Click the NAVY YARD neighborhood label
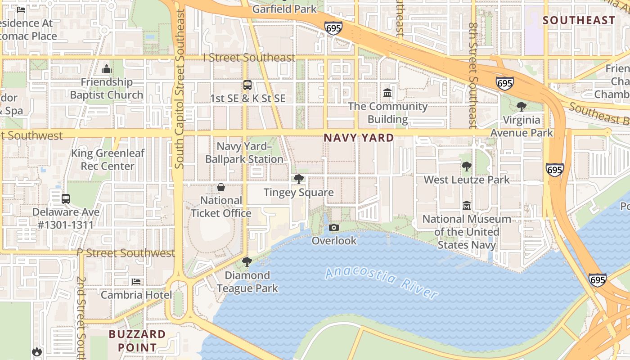click(359, 138)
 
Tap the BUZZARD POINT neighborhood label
click(138, 341)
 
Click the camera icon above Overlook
click(333, 228)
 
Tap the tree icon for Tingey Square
click(298, 179)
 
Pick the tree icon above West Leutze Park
click(467, 166)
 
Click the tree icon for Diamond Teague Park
click(247, 262)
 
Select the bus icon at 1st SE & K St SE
click(247, 85)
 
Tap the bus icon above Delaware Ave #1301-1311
click(66, 198)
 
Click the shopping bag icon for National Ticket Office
click(221, 187)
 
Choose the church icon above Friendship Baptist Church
click(107, 69)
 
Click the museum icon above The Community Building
click(387, 93)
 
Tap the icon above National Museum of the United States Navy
click(467, 206)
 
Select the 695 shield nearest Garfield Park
click(333, 28)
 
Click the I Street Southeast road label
click(249, 58)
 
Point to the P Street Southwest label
click(126, 253)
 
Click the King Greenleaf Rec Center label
click(108, 159)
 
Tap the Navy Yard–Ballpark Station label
click(244, 153)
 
